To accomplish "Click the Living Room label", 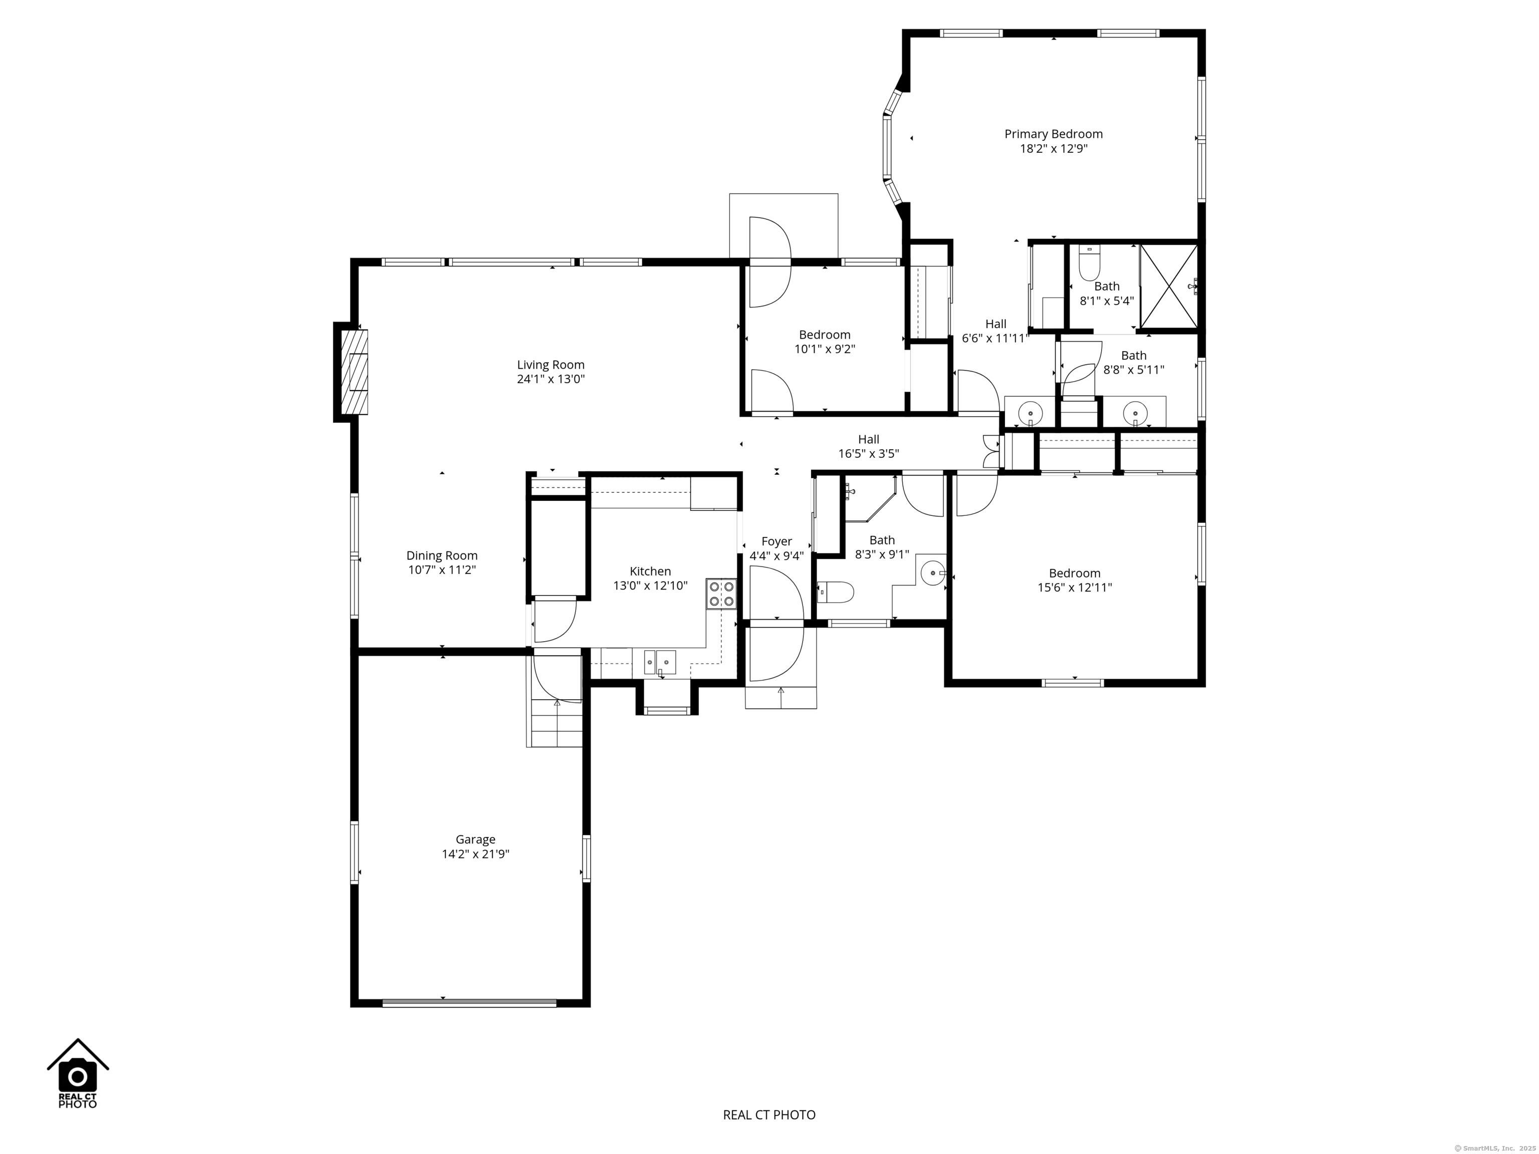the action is pyautogui.click(x=551, y=365).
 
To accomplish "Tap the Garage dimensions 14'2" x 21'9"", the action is pyautogui.click(x=476, y=854).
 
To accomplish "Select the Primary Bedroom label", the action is pyautogui.click(x=1054, y=134).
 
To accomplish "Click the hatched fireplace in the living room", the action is pyautogui.click(x=354, y=372).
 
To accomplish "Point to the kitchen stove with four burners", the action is pyautogui.click(x=721, y=594).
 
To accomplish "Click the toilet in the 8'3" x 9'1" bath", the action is pyautogui.click(x=836, y=593).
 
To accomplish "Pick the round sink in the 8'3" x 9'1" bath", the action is pyautogui.click(x=933, y=573).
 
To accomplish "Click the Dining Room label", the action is pyautogui.click(x=442, y=556).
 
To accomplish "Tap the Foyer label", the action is pyautogui.click(x=777, y=541).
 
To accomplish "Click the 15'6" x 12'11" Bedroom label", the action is pyautogui.click(x=1075, y=580).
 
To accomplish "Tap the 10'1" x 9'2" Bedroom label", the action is pyautogui.click(x=825, y=342).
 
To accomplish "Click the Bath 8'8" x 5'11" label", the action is pyautogui.click(x=1133, y=363).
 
